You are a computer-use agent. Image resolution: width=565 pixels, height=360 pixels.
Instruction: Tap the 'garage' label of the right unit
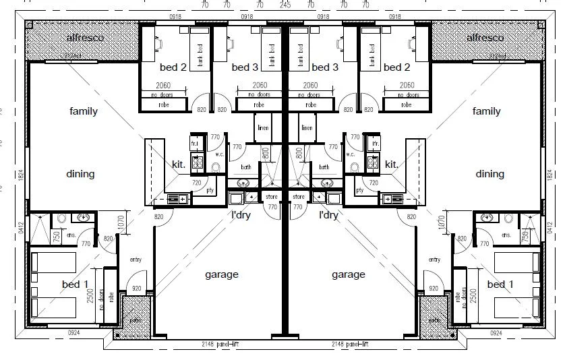coord(349,274)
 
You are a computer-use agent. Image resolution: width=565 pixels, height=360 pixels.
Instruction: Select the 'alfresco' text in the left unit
coord(85,38)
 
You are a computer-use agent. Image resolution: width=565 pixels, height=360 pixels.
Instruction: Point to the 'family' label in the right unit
coord(486,111)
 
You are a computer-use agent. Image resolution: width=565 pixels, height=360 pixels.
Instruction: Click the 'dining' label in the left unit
coord(80,174)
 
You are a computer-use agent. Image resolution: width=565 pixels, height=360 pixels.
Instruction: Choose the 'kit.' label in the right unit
coord(391,164)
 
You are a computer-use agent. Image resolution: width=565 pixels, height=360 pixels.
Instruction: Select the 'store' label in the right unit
coord(299,197)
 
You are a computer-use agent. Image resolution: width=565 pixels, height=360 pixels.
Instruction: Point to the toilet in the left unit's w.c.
coord(216,167)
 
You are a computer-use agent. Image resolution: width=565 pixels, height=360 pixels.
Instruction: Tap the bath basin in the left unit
coord(243,183)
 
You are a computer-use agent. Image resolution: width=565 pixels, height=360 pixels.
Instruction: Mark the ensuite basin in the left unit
coord(84,218)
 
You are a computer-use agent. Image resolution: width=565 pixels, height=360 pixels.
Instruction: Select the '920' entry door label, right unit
coord(432,289)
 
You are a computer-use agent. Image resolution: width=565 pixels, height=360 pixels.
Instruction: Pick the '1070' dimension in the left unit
coord(121,223)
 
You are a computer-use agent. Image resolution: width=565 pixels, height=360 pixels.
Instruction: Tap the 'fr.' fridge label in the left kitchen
coord(194,144)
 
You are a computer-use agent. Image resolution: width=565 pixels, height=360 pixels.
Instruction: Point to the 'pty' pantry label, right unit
coord(359,190)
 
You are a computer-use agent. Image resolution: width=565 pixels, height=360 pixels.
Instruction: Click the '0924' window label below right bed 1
coord(496,333)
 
